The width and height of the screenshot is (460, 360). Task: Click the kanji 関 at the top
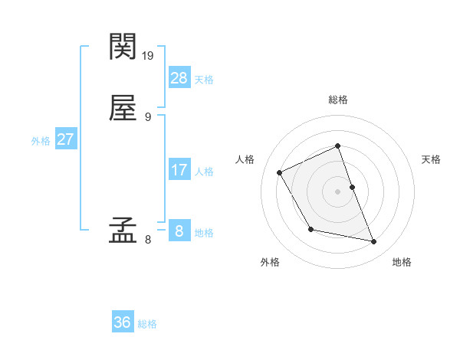click(x=123, y=47)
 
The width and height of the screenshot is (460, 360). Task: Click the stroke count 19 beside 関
click(x=149, y=55)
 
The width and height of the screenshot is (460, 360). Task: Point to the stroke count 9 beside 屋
click(x=148, y=116)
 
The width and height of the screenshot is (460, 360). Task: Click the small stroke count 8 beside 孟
click(x=148, y=240)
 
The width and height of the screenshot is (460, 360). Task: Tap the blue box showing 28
click(x=179, y=77)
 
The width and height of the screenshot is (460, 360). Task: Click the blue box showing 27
click(x=65, y=139)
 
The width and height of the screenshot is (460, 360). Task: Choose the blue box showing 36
click(x=123, y=322)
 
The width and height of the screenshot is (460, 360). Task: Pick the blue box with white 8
click(x=179, y=231)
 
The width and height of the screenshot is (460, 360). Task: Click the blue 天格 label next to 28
click(x=204, y=79)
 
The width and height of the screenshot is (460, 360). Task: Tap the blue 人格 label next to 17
click(x=204, y=172)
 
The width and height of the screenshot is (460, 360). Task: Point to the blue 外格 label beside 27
click(x=41, y=141)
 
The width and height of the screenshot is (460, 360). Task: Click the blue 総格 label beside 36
click(x=147, y=324)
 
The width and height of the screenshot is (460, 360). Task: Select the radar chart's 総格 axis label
click(x=338, y=100)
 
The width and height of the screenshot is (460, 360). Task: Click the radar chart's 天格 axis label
click(x=431, y=159)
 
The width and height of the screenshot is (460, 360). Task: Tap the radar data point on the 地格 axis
click(x=374, y=242)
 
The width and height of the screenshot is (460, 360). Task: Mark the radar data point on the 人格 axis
click(x=280, y=172)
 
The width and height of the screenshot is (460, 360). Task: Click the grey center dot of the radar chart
click(x=338, y=191)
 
